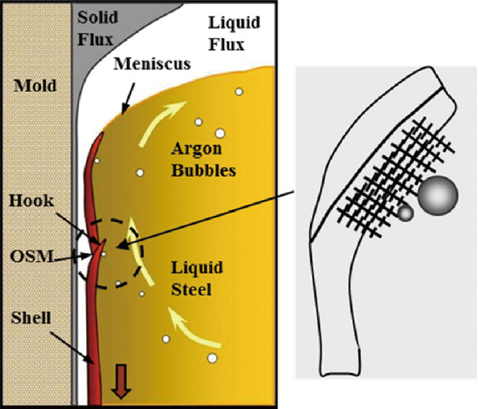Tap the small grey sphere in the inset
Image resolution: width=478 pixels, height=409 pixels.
tap(406, 214)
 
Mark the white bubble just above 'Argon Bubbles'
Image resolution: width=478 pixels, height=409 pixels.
tap(221, 133)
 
